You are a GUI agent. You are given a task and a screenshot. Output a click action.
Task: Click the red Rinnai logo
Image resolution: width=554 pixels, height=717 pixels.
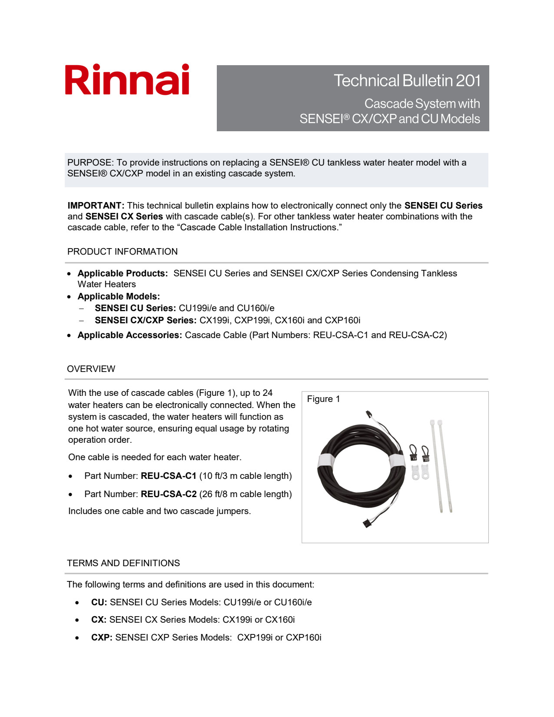click(x=127, y=80)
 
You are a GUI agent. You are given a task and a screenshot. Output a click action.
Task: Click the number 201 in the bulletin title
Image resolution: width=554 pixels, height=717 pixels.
click(x=468, y=81)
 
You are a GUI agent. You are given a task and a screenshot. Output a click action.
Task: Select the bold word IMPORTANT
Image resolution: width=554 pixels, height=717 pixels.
click(x=96, y=206)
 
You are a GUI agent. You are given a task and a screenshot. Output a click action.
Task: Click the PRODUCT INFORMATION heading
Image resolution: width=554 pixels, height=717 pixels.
click(x=122, y=252)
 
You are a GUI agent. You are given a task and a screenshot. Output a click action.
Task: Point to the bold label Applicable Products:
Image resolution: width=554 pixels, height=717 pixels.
click(x=123, y=273)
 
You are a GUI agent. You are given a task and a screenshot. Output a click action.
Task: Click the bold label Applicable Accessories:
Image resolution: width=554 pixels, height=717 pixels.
click(x=129, y=335)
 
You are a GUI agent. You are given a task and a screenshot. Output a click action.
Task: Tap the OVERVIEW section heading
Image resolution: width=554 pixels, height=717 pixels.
click(x=91, y=369)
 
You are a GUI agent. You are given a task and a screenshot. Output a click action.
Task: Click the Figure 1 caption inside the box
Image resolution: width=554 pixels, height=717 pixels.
click(x=323, y=399)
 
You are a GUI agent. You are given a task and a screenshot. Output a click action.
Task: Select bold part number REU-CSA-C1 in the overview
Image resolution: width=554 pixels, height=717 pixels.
click(x=169, y=476)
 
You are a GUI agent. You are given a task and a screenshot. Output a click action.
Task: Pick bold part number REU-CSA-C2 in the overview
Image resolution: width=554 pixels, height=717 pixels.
click(x=169, y=494)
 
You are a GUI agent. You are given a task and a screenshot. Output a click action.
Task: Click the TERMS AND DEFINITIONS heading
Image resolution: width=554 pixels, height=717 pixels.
click(x=123, y=563)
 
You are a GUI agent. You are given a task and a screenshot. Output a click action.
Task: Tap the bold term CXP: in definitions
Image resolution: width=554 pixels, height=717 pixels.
click(x=102, y=637)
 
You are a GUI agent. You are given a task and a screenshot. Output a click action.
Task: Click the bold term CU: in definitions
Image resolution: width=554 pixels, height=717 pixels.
click(x=99, y=602)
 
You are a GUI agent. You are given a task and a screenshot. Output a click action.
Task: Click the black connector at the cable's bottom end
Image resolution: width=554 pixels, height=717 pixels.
click(x=368, y=523)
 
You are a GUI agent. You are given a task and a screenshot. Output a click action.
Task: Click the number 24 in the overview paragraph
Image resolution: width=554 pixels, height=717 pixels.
click(x=267, y=393)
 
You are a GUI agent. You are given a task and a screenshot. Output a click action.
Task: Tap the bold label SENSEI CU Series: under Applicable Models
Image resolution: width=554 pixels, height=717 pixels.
click(x=135, y=308)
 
